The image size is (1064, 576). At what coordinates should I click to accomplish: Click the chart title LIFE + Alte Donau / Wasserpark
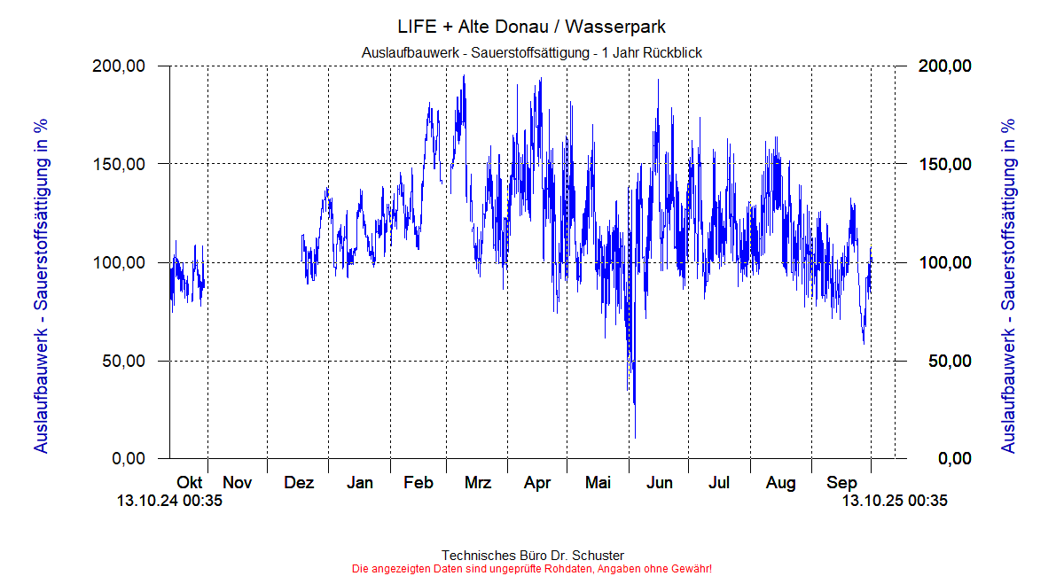pyautogui.click(x=532, y=27)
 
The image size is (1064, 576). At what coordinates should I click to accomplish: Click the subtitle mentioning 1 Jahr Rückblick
pyautogui.click(x=532, y=53)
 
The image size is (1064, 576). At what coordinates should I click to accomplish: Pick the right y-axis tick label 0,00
pyautogui.click(x=954, y=459)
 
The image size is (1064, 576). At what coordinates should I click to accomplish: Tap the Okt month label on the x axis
pyautogui.click(x=189, y=483)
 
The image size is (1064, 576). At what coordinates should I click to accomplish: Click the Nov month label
pyautogui.click(x=238, y=483)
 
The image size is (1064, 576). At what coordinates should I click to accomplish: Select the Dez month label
pyautogui.click(x=299, y=483)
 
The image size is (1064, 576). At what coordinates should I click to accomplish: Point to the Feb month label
pyautogui.click(x=418, y=483)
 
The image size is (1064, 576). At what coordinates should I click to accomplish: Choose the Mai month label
pyautogui.click(x=598, y=483)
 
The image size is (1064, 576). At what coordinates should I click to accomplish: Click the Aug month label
pyautogui.click(x=780, y=483)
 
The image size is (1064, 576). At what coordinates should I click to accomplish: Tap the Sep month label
pyautogui.click(x=841, y=483)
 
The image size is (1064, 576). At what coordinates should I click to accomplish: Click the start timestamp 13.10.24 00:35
pyautogui.click(x=169, y=502)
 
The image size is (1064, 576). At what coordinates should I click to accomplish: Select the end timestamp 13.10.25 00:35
pyautogui.click(x=895, y=502)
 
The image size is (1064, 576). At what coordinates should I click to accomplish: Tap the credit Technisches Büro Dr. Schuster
pyautogui.click(x=532, y=556)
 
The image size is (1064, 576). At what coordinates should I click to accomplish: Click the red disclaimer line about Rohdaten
pyautogui.click(x=532, y=568)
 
